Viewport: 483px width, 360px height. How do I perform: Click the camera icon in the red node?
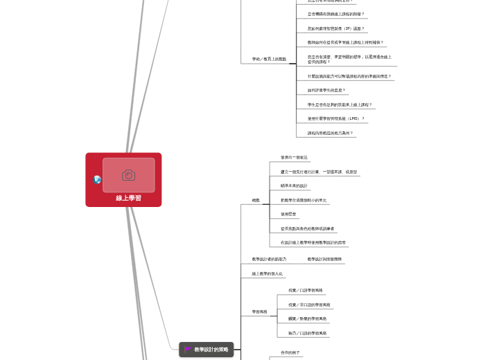[x=128, y=175]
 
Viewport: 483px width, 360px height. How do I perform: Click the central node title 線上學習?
[x=128, y=198]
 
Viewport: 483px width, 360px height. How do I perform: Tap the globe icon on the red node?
[x=97, y=179]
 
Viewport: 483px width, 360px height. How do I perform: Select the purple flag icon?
[x=188, y=350]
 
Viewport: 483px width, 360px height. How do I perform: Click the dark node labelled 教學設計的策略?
[x=211, y=350]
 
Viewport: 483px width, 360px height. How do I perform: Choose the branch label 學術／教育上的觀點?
[x=269, y=59]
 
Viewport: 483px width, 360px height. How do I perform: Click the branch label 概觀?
[x=256, y=200]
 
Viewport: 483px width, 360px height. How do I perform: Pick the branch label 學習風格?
[x=259, y=312]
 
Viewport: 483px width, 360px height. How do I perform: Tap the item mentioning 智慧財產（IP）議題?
[x=336, y=28]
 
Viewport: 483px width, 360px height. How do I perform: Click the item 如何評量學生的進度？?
[x=326, y=90]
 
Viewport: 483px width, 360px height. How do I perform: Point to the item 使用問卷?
[x=288, y=214]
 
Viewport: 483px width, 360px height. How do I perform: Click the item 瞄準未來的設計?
[x=294, y=186]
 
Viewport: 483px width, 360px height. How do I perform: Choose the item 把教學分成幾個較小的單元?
[x=304, y=200]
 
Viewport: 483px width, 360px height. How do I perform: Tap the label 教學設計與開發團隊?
[x=325, y=259]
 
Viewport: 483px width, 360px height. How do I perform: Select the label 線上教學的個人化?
[x=267, y=273]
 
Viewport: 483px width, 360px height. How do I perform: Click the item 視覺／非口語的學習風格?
[x=309, y=305]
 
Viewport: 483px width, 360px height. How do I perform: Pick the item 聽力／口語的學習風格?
[x=307, y=333]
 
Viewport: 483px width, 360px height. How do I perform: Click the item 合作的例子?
[x=290, y=352]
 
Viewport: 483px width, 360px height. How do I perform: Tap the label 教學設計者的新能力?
[x=269, y=259]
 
